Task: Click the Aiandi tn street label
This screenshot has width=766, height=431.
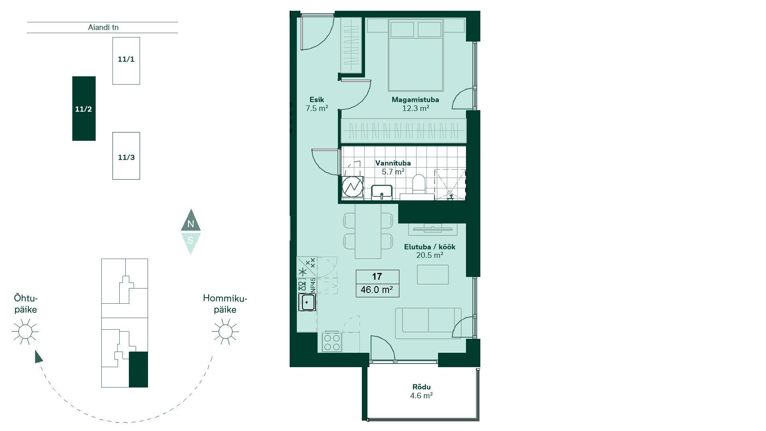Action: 103,28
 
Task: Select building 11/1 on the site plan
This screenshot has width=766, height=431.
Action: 126,61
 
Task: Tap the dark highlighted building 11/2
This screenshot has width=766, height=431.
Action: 84,109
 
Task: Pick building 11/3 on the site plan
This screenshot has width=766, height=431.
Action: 126,156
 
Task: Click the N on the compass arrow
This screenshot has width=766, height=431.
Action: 191,224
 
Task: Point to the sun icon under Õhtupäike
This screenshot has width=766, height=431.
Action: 25,331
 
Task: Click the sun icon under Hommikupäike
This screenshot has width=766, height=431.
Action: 225,331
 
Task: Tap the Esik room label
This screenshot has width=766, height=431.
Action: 317,100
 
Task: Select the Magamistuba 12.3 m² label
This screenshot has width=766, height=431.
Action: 415,104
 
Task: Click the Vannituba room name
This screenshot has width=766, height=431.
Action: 393,163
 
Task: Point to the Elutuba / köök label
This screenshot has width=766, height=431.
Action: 430,247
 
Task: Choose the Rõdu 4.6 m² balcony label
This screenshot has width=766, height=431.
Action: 421,391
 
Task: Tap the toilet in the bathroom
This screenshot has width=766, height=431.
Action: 419,186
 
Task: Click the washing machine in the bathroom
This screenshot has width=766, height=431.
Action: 353,187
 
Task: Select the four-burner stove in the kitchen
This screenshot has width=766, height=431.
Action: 332,342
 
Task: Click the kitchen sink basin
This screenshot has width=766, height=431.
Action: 307,302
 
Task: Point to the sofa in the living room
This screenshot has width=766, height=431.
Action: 428,323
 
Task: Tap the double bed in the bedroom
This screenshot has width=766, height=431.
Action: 416,55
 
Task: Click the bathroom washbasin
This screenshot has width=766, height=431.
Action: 382,192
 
